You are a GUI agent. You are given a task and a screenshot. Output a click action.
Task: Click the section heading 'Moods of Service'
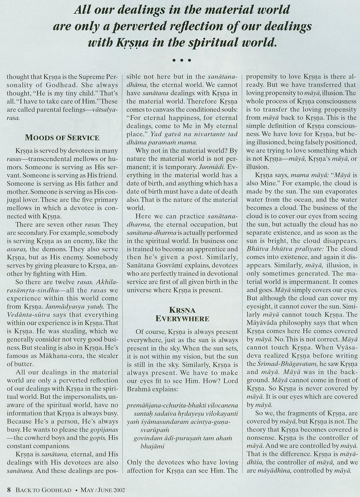(62, 138)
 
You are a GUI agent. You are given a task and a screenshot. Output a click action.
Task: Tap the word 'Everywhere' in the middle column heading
(182, 319)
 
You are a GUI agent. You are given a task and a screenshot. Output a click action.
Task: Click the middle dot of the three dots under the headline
(182, 61)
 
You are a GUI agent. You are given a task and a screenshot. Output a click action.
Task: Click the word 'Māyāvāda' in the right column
(262, 323)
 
